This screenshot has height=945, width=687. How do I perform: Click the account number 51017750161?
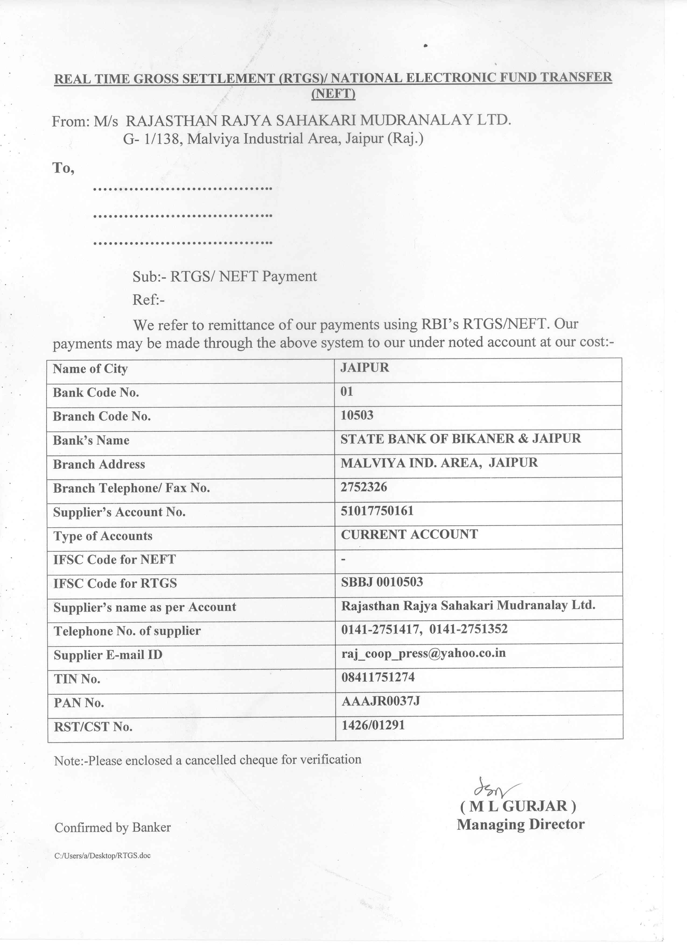coord(377,511)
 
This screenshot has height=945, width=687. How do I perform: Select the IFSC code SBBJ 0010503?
coord(382,582)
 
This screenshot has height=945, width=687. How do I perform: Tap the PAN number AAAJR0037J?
coord(380,701)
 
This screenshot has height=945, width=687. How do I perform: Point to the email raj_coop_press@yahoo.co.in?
coord(423,653)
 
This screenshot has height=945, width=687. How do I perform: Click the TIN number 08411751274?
coord(378,677)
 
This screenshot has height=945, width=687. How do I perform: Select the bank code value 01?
coord(347,391)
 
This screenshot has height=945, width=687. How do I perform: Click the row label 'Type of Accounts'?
coord(103,536)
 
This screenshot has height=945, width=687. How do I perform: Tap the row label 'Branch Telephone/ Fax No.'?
coord(131,488)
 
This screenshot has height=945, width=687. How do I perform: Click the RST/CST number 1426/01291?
coord(373,725)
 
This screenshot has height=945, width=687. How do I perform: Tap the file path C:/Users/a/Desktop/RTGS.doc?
coord(102,856)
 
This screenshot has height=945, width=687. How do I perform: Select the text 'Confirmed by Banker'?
coord(113,827)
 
